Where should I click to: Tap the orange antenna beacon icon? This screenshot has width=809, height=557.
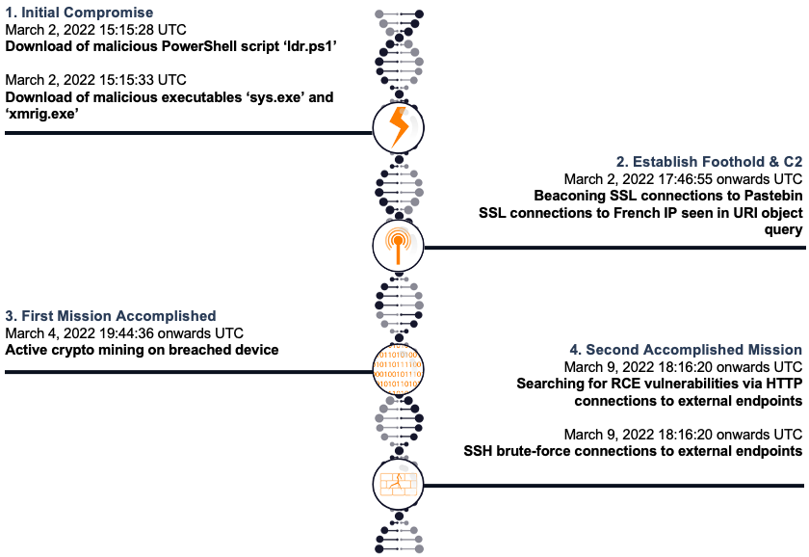pyautogui.click(x=398, y=247)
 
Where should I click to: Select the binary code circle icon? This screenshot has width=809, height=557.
pyautogui.click(x=398, y=370)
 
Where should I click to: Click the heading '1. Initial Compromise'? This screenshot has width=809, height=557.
pyautogui.click(x=79, y=13)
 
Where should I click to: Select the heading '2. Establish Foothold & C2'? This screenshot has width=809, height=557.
pyautogui.click(x=710, y=162)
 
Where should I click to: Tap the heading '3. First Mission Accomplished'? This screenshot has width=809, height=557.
pyautogui.click(x=111, y=316)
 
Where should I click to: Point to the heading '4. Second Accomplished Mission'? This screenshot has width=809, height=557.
pyautogui.click(x=694, y=350)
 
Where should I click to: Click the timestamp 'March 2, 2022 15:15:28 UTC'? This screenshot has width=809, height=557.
pyautogui.click(x=94, y=29)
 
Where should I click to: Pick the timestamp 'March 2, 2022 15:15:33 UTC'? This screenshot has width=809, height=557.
pyautogui.click(x=95, y=80)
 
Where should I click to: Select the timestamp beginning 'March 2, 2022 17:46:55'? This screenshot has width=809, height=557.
pyautogui.click(x=683, y=178)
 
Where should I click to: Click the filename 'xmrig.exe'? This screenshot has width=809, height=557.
pyautogui.click(x=44, y=114)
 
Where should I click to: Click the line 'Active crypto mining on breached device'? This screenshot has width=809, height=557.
pyautogui.click(x=143, y=350)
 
